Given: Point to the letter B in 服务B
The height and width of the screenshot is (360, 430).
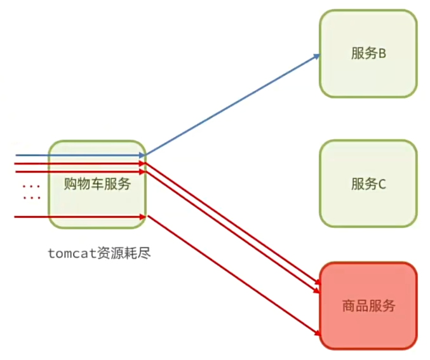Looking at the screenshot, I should (383, 54).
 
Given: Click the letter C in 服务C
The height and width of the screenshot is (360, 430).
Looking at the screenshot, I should (382, 185).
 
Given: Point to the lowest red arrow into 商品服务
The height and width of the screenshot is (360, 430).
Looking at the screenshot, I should (232, 275).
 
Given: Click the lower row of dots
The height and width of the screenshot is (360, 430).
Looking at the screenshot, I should (31, 198).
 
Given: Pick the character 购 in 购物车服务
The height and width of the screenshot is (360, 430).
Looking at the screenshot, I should (71, 185).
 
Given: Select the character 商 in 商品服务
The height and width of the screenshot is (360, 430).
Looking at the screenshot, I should (349, 306).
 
